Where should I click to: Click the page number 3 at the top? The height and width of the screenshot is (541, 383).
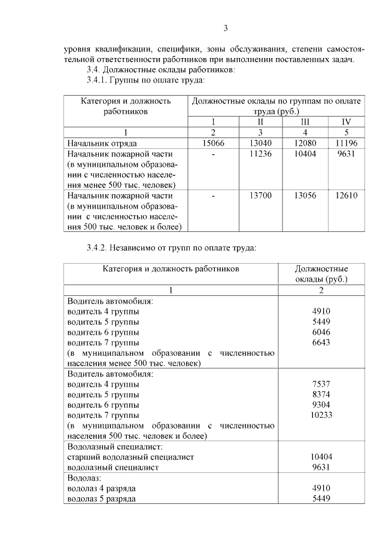(x=226, y=28)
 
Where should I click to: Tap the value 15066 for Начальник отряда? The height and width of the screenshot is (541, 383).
(x=214, y=143)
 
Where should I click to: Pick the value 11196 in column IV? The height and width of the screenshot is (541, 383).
(x=346, y=143)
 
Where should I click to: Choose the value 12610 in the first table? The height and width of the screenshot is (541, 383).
(x=346, y=195)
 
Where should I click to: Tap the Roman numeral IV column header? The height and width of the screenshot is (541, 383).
(x=346, y=122)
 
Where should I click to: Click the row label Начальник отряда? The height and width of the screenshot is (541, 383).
(x=102, y=143)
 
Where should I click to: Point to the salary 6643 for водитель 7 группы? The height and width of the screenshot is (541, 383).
(x=321, y=343)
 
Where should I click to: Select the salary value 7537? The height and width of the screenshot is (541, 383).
(x=321, y=384)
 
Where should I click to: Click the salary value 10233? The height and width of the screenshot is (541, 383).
(x=321, y=415)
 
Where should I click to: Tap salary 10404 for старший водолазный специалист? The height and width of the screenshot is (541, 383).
(x=321, y=457)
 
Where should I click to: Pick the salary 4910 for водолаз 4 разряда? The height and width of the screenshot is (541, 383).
(x=321, y=488)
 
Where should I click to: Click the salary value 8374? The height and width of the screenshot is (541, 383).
(x=321, y=395)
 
